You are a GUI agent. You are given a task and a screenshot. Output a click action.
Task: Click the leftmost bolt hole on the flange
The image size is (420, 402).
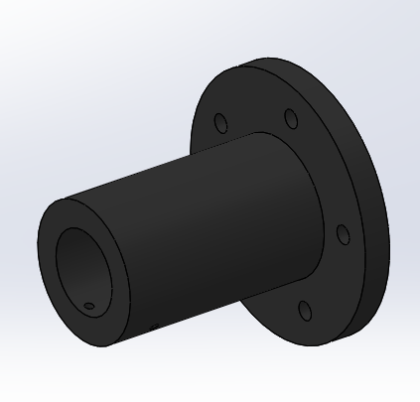[x=220, y=123]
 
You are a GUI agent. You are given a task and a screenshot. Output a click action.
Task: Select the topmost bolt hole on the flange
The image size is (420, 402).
[x=290, y=119]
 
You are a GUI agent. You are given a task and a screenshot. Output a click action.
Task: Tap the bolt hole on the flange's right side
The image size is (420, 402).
[x=343, y=234]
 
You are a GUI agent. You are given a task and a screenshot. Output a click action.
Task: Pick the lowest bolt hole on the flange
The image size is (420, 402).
[x=306, y=313]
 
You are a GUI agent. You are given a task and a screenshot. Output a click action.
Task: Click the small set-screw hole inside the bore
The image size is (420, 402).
[x=89, y=306]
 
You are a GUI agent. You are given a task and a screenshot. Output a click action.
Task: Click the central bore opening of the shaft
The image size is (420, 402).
[x=84, y=268]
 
